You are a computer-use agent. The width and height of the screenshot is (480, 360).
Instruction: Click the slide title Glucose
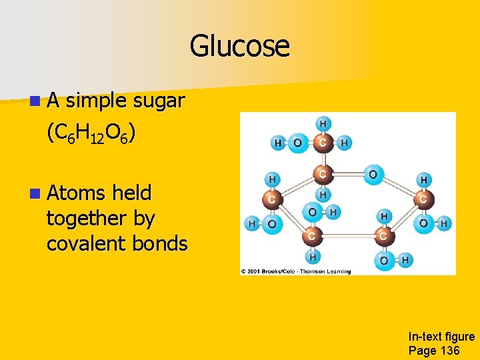(239, 47)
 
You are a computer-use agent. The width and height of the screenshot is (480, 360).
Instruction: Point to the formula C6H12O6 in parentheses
(91, 135)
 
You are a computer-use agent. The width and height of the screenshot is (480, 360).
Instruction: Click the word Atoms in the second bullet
(76, 193)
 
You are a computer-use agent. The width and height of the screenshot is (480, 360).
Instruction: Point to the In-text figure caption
(441, 337)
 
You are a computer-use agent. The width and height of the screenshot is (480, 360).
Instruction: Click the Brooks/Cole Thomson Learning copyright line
(296, 271)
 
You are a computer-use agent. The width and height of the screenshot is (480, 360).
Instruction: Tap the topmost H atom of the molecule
(323, 123)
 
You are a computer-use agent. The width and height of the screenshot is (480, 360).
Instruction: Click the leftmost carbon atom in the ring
(272, 199)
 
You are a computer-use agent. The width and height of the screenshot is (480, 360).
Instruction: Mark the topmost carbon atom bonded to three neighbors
(323, 142)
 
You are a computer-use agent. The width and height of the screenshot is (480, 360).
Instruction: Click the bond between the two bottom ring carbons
(347, 236)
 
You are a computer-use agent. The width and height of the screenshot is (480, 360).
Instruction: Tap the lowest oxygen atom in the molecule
(383, 260)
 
